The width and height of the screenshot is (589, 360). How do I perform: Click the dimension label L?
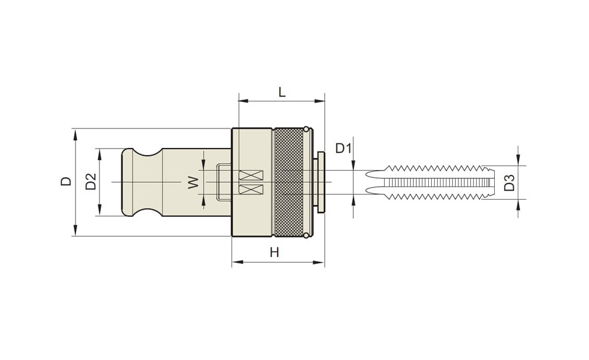point(282,91)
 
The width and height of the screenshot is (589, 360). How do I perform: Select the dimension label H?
point(274,252)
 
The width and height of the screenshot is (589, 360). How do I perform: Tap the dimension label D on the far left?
point(66,181)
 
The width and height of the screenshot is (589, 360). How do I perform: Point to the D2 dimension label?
point(91,181)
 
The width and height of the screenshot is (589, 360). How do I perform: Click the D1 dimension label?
point(343,148)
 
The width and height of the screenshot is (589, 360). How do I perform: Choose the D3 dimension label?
point(509,182)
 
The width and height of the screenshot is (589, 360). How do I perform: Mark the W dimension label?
point(193,183)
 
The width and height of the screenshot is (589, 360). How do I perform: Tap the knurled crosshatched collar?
point(289,182)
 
